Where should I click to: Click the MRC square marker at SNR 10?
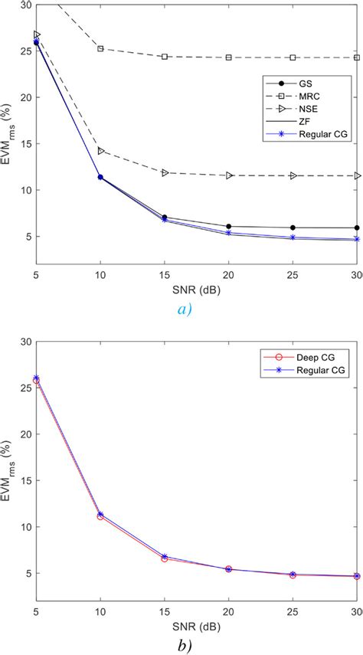100,48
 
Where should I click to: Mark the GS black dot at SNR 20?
229,227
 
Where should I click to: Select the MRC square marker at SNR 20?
229,57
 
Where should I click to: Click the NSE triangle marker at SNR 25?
293,175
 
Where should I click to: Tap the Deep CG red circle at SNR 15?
165,558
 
